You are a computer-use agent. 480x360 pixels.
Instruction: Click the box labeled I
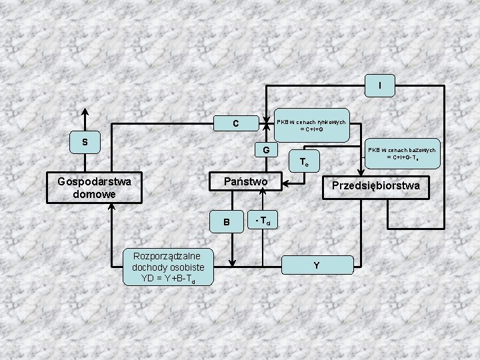pos(379,85)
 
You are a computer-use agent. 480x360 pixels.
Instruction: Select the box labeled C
pos(235,123)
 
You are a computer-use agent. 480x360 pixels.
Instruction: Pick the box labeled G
pos(265,150)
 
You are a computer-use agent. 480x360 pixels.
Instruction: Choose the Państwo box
pos(246,181)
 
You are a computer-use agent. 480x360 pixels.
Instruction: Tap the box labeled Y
pos(316,265)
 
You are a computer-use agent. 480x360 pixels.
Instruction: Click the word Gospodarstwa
pos(94,181)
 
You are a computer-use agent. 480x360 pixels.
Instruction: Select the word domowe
pos(94,194)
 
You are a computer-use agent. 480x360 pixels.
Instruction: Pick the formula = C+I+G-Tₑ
pos(402,158)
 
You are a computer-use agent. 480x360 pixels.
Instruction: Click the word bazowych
pos(420,150)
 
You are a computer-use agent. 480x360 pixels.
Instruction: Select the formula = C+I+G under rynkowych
pos(311,129)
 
